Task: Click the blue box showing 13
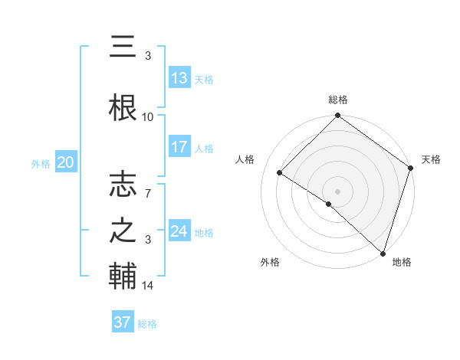point(179,77)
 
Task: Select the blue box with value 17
point(179,147)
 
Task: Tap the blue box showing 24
point(179,231)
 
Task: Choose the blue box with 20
point(65,162)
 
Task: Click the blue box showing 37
point(123,322)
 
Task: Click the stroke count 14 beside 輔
point(148,286)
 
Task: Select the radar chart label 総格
point(337,100)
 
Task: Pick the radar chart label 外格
point(270,262)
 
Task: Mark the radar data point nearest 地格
point(383,253)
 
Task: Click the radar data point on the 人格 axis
point(280,173)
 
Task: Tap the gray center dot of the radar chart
point(337,191)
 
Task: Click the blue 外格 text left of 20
point(41,163)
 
